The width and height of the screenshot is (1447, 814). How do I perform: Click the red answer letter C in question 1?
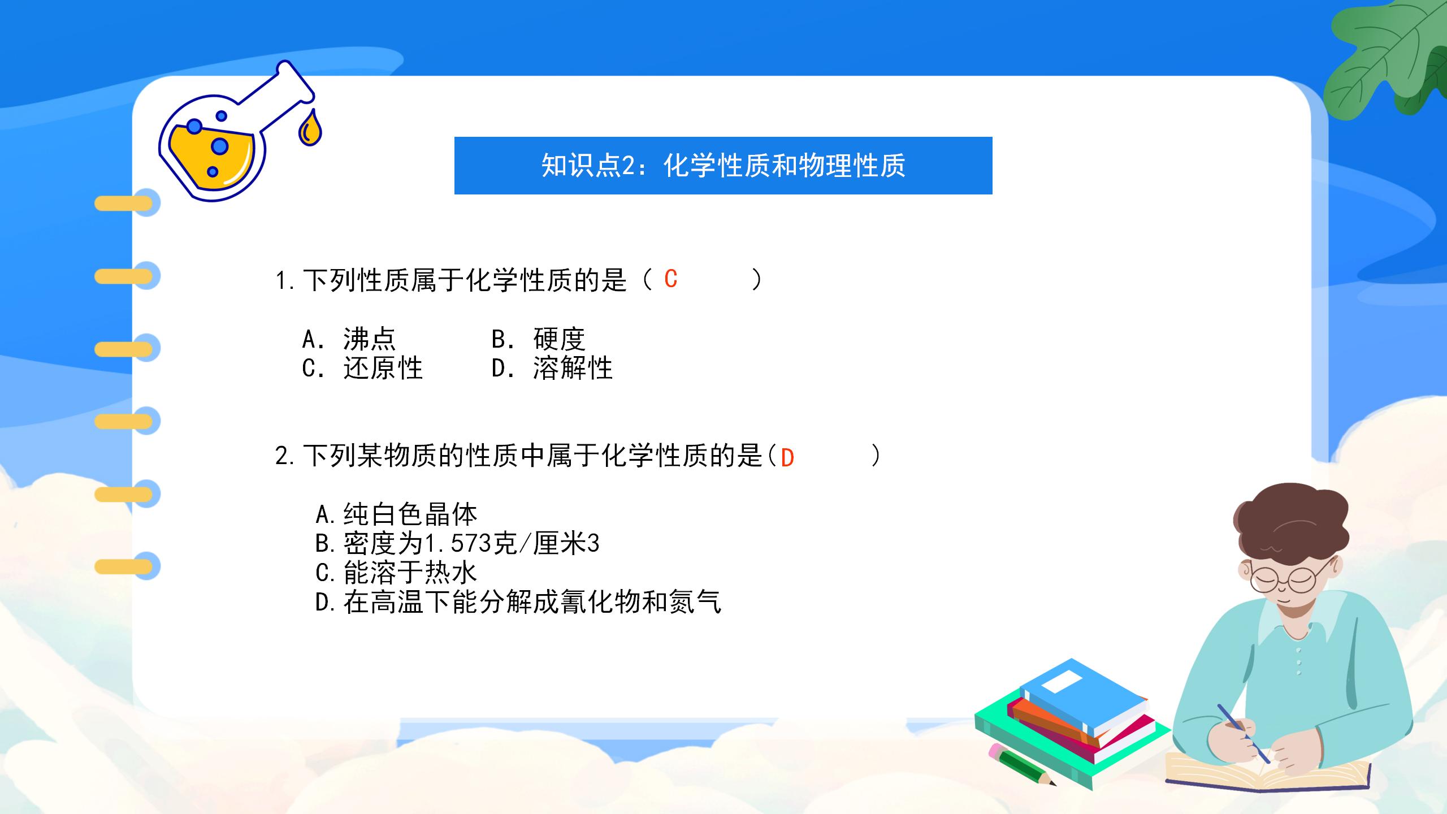coord(671,279)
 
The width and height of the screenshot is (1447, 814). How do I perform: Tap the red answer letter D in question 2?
coord(787,458)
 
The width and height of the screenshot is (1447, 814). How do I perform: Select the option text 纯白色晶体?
coord(410,514)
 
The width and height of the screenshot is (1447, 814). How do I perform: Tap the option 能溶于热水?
coord(410,573)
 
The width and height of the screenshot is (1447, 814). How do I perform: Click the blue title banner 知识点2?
coord(723,166)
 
